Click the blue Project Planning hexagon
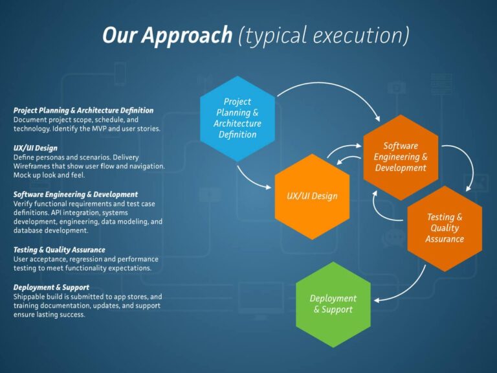click(237, 118)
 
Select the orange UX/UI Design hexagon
click(312, 196)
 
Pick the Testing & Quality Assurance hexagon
click(445, 228)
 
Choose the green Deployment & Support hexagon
click(333, 304)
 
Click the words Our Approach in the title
click(168, 36)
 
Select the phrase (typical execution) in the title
click(323, 36)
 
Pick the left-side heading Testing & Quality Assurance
click(59, 250)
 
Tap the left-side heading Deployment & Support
click(51, 287)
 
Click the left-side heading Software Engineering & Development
click(75, 194)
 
